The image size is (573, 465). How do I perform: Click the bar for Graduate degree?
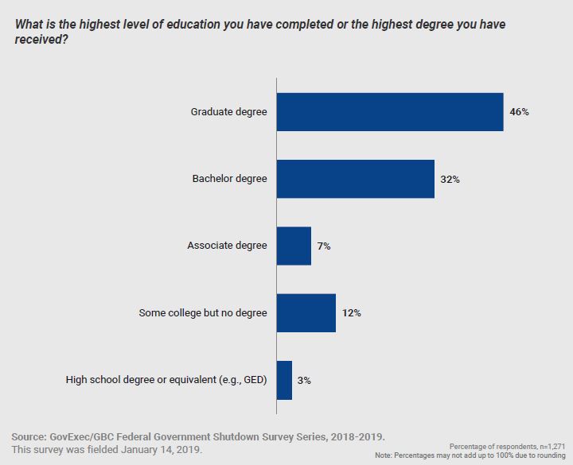click(x=390, y=112)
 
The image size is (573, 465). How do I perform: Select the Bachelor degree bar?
click(x=355, y=179)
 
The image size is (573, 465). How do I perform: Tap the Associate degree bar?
click(x=294, y=246)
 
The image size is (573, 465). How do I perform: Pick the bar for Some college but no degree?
click(x=306, y=312)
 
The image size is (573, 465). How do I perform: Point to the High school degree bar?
click(x=284, y=380)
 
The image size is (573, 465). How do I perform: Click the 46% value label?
click(x=519, y=112)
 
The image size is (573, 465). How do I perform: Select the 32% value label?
click(x=450, y=180)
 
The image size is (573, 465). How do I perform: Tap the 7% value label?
click(x=324, y=246)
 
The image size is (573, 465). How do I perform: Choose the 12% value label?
click(x=351, y=313)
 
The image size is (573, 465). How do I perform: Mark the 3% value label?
click(x=304, y=381)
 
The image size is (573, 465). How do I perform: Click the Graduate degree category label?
click(x=228, y=112)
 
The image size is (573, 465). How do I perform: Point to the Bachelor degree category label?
click(x=229, y=179)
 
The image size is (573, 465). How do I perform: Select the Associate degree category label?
click(x=227, y=246)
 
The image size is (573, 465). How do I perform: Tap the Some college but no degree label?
click(x=202, y=312)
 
